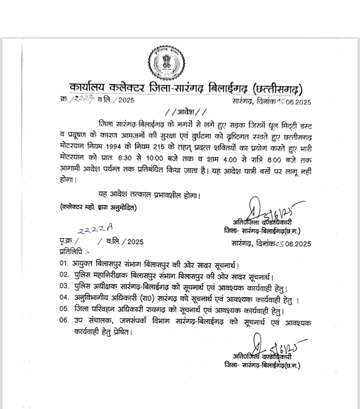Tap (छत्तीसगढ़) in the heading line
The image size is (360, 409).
[279, 89]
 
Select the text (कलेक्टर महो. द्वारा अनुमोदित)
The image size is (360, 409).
[99, 208]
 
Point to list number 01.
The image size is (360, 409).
[64, 264]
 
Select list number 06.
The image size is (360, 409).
[64, 321]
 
